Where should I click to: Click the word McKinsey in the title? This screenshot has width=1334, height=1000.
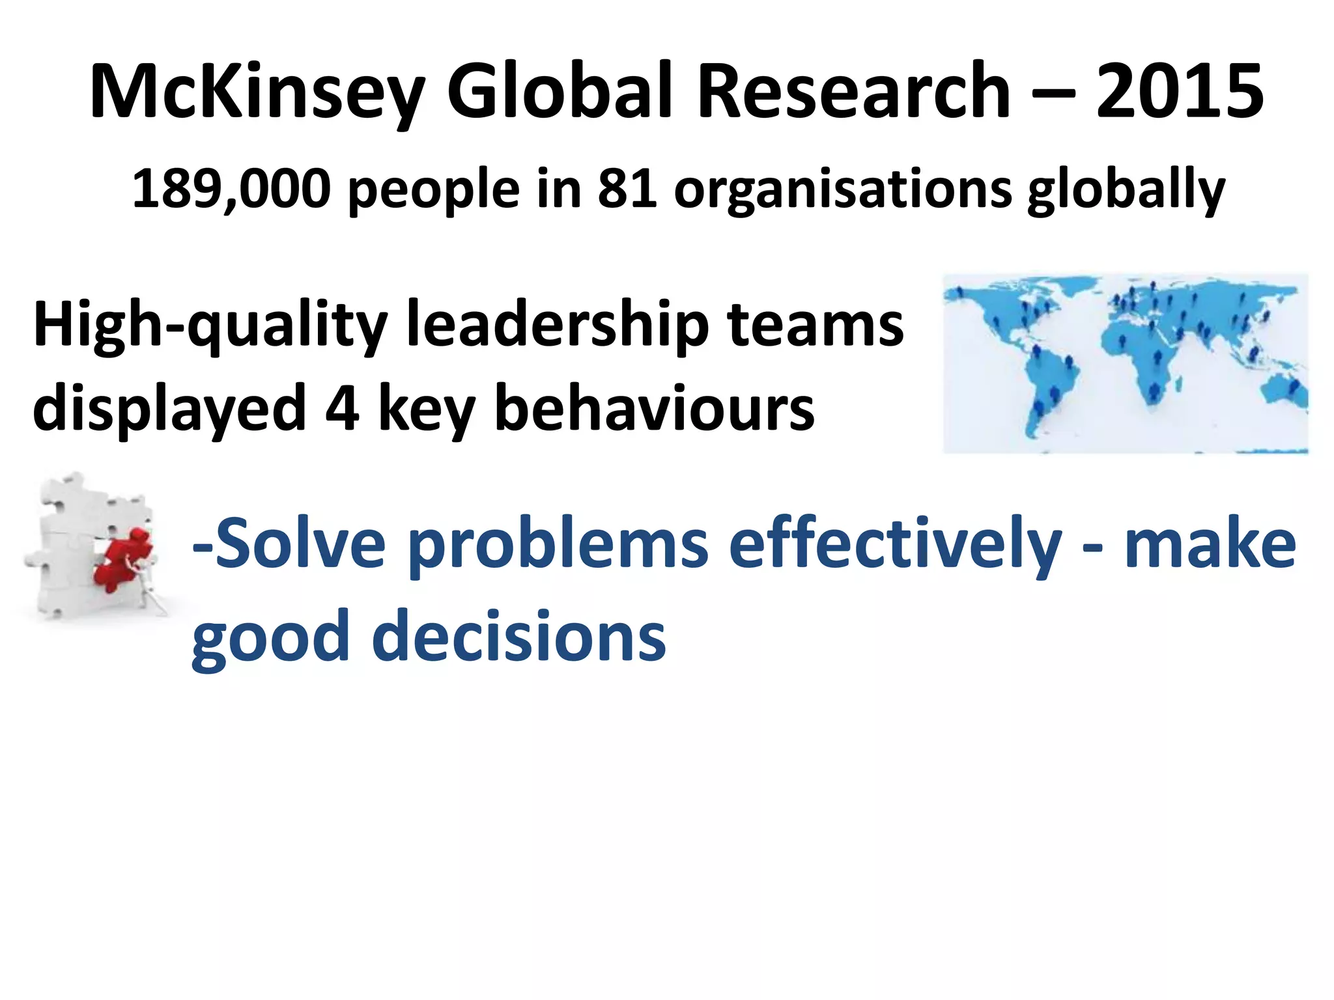coord(257,92)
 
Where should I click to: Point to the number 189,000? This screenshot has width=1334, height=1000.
coord(231,189)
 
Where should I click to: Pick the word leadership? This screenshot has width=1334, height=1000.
coord(557,326)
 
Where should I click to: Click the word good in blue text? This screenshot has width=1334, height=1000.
coord(270,638)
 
